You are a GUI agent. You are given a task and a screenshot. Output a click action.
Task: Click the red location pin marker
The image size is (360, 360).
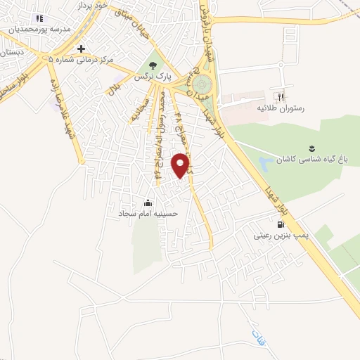tap(181, 164)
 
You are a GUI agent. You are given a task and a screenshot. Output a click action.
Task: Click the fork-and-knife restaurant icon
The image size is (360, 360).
tap(281, 96)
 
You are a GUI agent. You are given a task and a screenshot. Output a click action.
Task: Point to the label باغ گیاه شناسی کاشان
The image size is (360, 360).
tap(310, 160)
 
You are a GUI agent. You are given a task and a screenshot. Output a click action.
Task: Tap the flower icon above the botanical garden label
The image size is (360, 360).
tap(310, 148)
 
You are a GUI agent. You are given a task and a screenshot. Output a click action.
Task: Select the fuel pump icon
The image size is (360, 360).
tap(281, 224)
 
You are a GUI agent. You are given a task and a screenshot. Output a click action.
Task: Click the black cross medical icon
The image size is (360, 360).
tap(82, 49)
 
